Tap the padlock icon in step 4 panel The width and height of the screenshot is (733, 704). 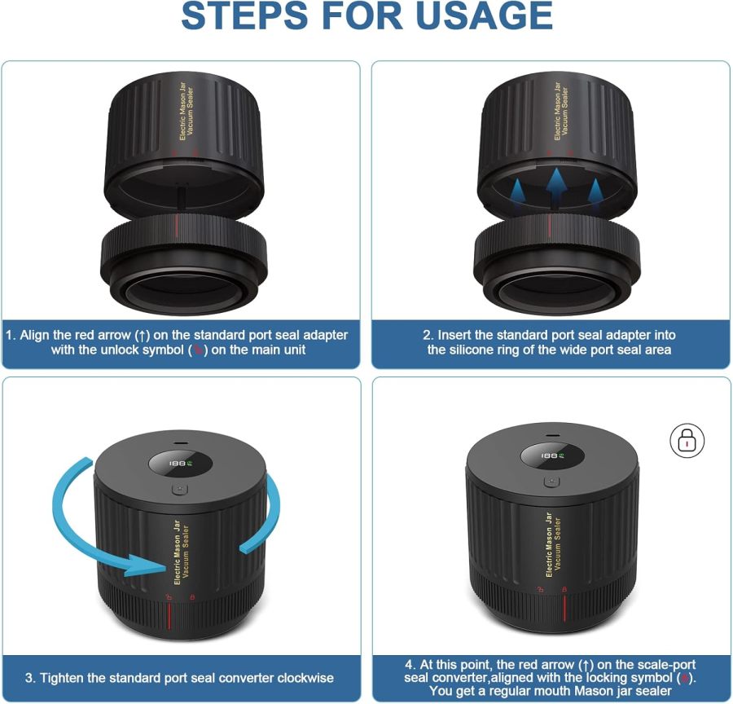(687, 441)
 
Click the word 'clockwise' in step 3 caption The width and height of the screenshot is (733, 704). (302, 678)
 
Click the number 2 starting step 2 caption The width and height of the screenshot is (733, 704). (426, 335)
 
